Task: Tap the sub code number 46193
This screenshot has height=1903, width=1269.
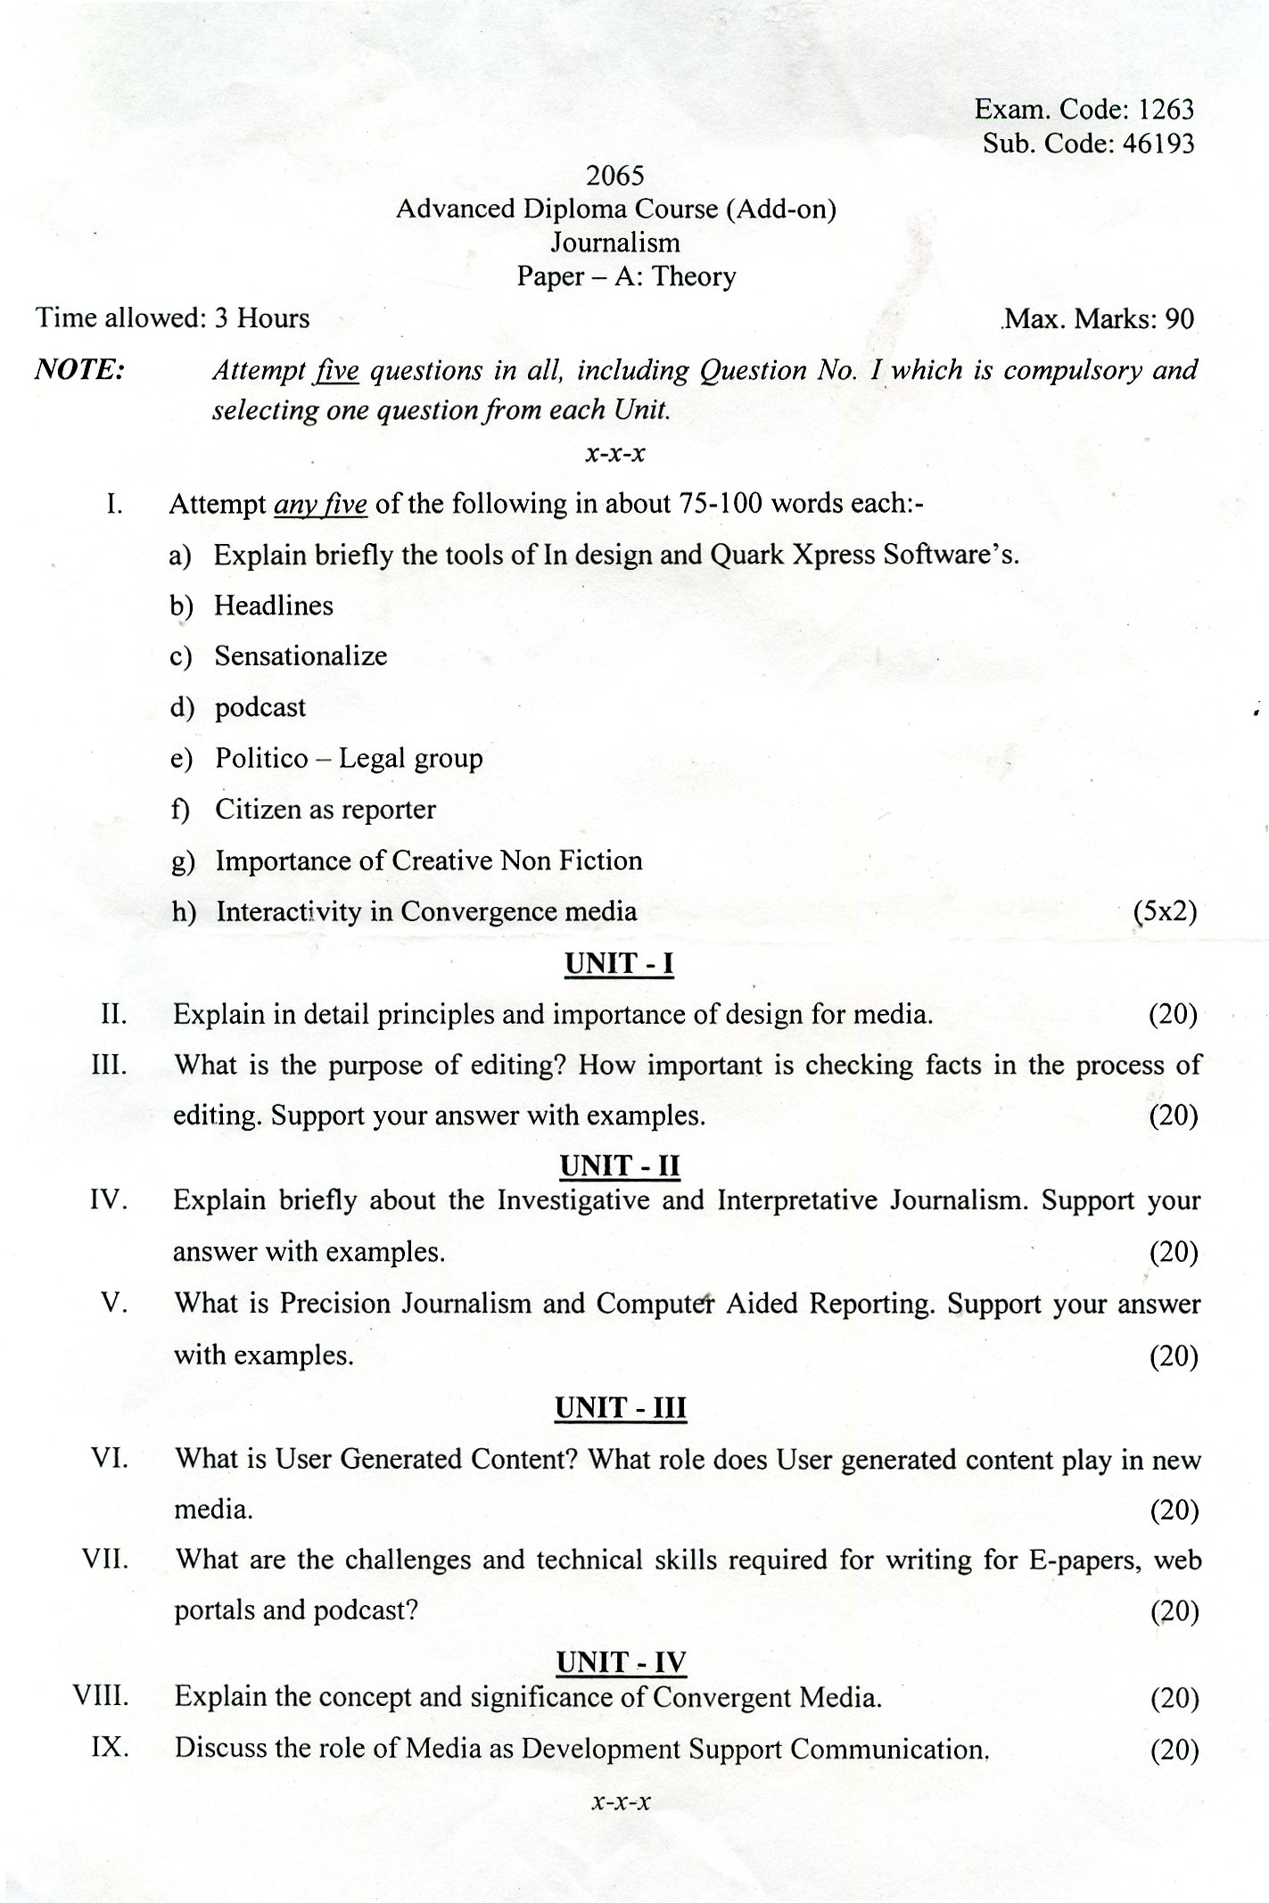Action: pyautogui.click(x=1158, y=143)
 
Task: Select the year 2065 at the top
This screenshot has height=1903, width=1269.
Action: pyautogui.click(x=615, y=175)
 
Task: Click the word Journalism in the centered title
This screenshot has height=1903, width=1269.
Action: pyautogui.click(x=614, y=243)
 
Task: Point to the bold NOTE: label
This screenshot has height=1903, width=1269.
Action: pyautogui.click(x=78, y=369)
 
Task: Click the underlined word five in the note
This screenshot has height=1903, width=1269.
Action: pyautogui.click(x=336, y=370)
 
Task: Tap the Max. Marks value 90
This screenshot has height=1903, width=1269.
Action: pyautogui.click(x=1179, y=318)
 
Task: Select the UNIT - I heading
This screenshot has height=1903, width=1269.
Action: pyautogui.click(x=619, y=963)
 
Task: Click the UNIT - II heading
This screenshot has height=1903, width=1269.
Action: pyautogui.click(x=619, y=1166)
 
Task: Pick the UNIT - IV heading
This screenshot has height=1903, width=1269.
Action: pyautogui.click(x=621, y=1662)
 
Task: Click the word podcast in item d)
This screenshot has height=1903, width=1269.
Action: pyautogui.click(x=260, y=707)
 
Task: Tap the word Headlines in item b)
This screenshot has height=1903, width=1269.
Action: pyautogui.click(x=274, y=605)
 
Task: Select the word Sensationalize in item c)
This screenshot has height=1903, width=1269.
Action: pyautogui.click(x=301, y=656)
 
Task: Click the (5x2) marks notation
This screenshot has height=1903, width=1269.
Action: pyautogui.click(x=1165, y=911)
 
